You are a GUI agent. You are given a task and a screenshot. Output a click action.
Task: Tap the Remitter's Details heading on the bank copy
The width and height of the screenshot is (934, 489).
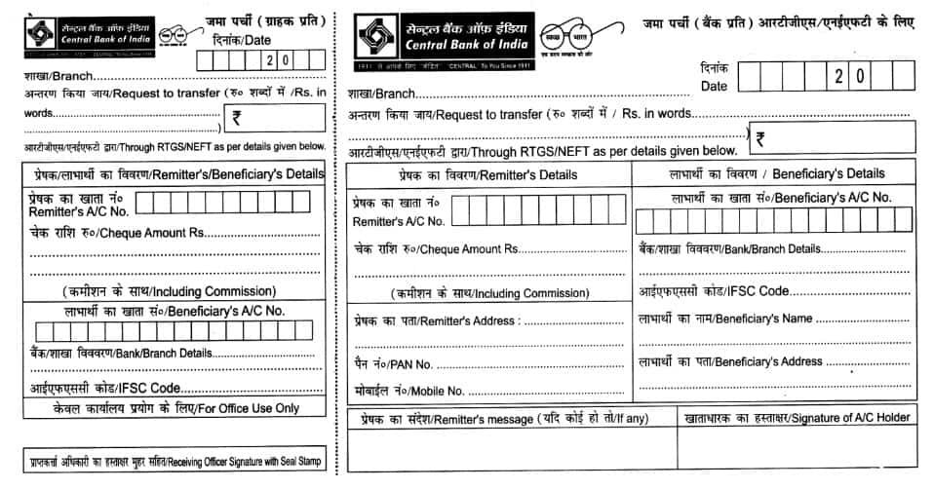pos(486,174)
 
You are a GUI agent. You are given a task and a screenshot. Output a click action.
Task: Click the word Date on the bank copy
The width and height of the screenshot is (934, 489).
pos(715,87)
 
